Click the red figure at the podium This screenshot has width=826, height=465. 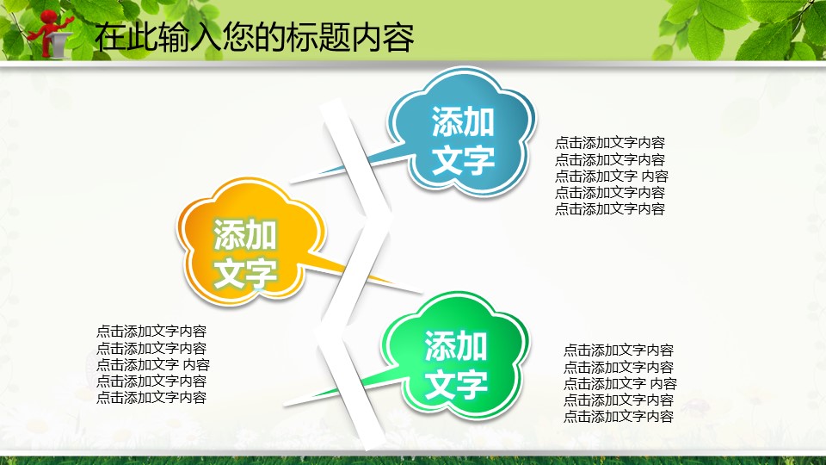click(x=51, y=32)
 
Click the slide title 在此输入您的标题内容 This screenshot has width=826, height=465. click(x=254, y=37)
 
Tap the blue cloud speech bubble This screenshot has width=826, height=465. click(x=461, y=131)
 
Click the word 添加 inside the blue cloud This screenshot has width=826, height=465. click(x=463, y=121)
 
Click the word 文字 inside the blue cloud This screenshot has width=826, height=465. click(x=463, y=160)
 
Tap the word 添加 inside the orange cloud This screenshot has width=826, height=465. click(x=245, y=234)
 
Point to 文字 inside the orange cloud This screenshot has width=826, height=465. click(x=245, y=273)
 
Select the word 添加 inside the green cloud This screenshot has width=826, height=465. click(x=456, y=346)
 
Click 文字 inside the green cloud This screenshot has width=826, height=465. click(x=456, y=385)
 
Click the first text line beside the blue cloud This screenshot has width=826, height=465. click(x=610, y=143)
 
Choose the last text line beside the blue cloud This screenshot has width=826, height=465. click(x=610, y=208)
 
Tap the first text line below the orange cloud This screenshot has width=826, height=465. click(x=151, y=332)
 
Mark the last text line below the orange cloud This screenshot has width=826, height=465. click(x=151, y=398)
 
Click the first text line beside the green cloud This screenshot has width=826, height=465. click(x=619, y=350)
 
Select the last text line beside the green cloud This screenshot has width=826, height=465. click(x=619, y=417)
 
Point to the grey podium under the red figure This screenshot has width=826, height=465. click(x=59, y=44)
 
